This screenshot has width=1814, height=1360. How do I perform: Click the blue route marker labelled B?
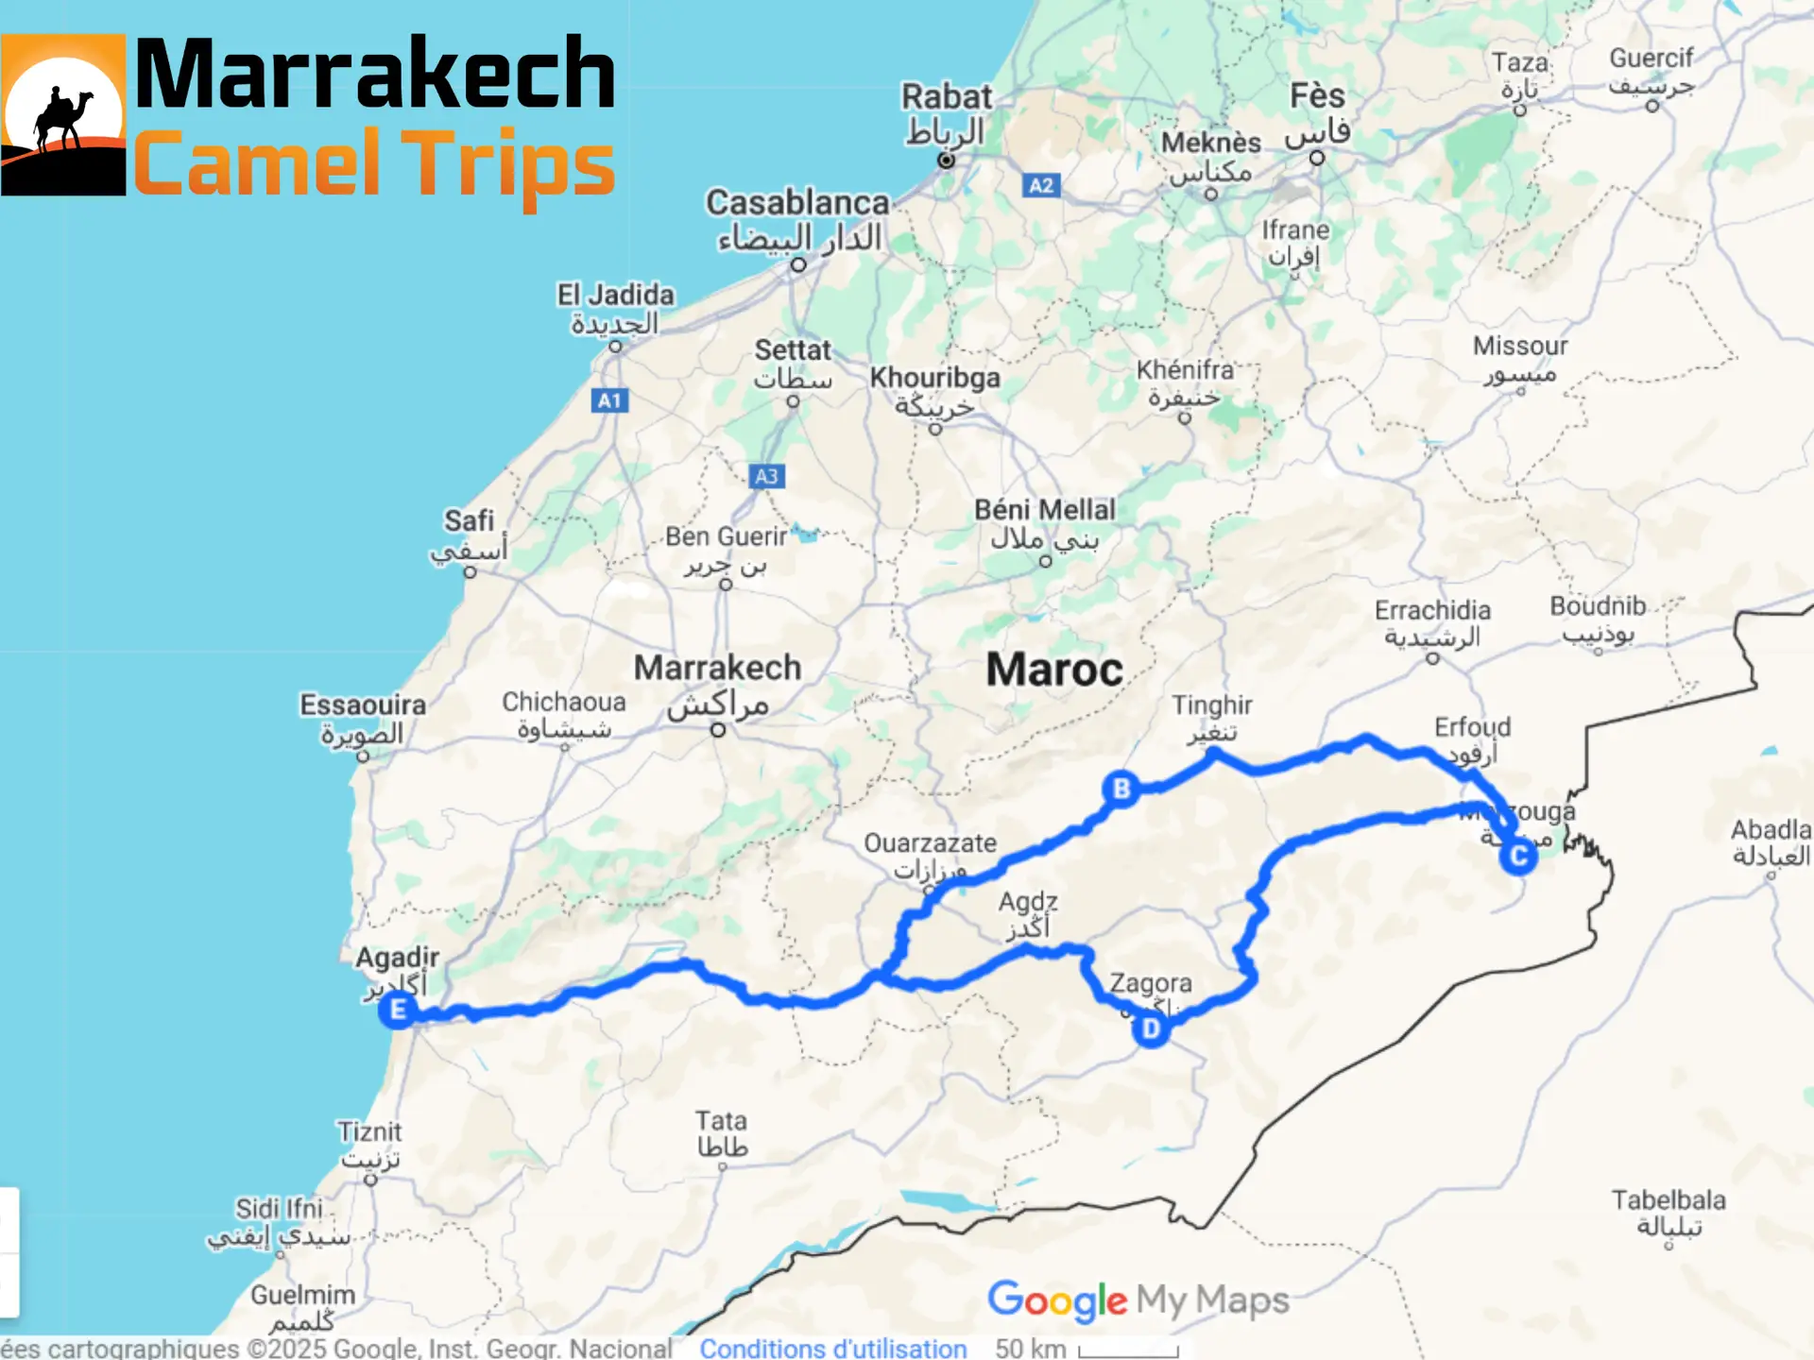point(1121,789)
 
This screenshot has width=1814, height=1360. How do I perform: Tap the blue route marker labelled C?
point(1518,857)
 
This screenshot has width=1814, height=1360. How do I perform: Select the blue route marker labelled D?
point(1151,1028)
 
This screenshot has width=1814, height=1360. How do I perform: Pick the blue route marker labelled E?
point(398,1010)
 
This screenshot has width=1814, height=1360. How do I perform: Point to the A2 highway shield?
point(1040,185)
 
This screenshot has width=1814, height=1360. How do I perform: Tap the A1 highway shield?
point(609,400)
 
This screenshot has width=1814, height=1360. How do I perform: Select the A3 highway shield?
point(766,476)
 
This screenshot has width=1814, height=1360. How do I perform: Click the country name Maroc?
point(1054,670)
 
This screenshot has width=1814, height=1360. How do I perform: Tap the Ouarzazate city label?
point(930,843)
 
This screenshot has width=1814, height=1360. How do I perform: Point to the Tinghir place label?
point(1211,705)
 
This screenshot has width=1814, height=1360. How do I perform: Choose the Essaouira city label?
point(363,705)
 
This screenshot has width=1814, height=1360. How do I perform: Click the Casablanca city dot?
point(798,265)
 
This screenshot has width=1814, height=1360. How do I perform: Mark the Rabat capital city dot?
point(946,160)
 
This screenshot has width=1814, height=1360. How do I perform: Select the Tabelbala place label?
point(1669,1200)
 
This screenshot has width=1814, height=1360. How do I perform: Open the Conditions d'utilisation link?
point(832,1349)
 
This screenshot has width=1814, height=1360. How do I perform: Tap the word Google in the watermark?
point(1056,1301)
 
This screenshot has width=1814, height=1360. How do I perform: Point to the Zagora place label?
point(1150,983)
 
